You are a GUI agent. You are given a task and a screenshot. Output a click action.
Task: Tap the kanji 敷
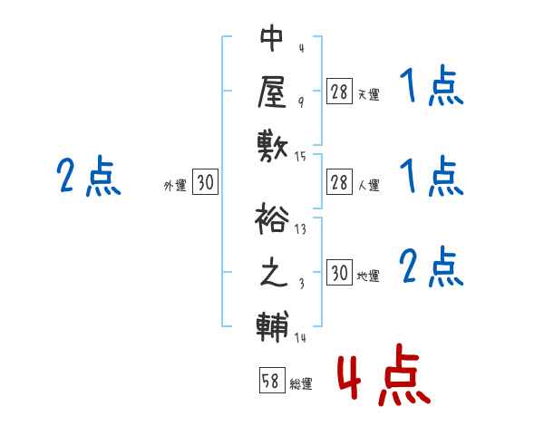tap(273, 143)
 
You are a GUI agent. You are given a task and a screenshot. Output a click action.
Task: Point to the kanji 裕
tap(273, 219)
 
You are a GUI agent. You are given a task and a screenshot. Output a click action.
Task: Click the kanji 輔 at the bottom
tap(273, 325)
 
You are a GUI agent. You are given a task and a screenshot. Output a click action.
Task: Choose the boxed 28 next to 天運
tap(339, 91)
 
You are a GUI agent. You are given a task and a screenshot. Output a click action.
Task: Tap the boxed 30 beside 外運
tap(205, 183)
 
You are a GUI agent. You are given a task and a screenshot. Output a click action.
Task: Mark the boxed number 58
tap(269, 382)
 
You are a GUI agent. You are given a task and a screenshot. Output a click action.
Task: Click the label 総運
tap(301, 384)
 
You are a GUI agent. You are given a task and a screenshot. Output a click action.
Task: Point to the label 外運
tap(175, 186)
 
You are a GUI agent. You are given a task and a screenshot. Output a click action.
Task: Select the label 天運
tap(368, 94)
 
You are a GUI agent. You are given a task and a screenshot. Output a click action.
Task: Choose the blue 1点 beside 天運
tap(431, 88)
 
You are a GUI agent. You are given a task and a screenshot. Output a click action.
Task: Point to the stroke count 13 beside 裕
tap(300, 229)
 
